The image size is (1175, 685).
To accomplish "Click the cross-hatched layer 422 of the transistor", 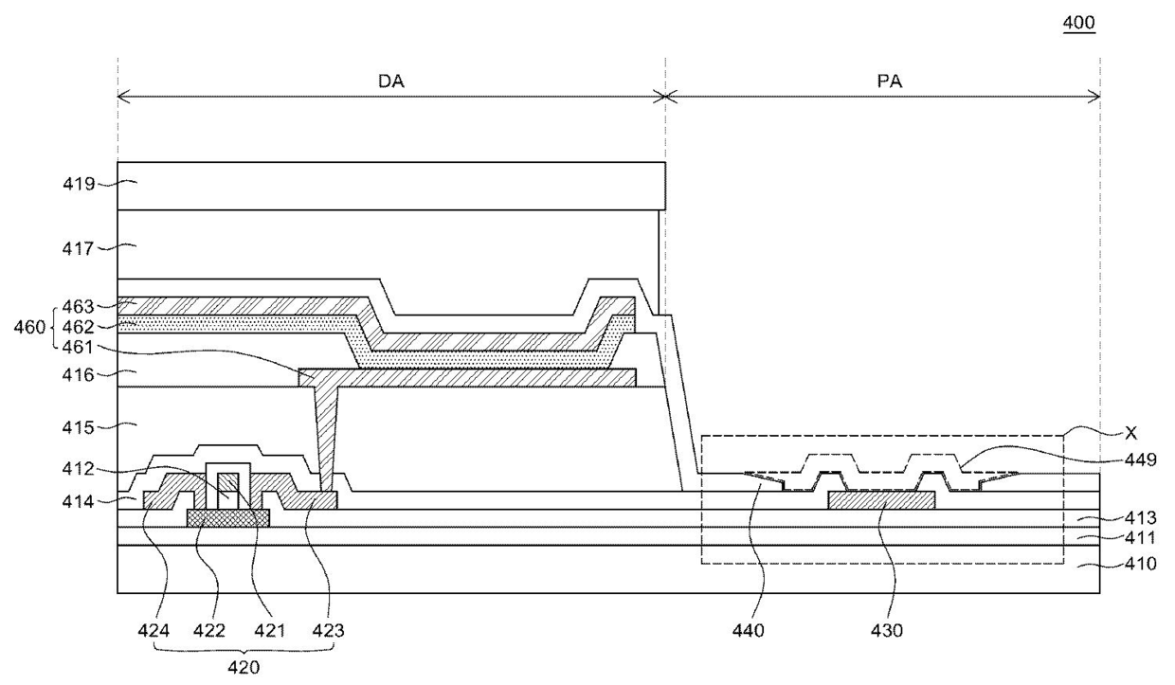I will [x=228, y=517].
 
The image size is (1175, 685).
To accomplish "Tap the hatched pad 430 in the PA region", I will [x=882, y=500].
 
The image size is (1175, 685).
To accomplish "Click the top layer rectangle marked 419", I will [x=391, y=186].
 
